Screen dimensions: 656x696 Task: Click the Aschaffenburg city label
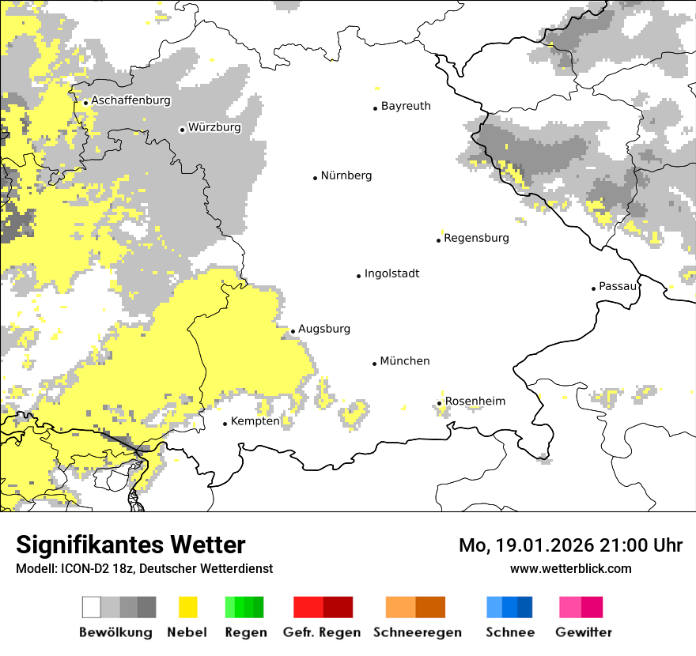coord(130,100)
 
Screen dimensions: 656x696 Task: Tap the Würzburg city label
coord(214,127)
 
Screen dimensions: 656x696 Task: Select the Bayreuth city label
coord(406,106)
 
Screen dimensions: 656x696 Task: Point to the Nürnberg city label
coord(346,175)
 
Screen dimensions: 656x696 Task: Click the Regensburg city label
coord(476,238)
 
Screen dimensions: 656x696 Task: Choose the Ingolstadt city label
coord(391,273)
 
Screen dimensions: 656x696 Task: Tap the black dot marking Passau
coord(593,288)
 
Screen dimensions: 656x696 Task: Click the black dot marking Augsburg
coord(293,332)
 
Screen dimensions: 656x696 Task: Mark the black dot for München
coord(375,364)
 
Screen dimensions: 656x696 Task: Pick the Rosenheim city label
coord(475,402)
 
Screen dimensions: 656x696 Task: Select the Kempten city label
coord(255,421)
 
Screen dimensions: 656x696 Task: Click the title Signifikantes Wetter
coord(130,545)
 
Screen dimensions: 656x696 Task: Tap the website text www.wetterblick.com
coord(570,568)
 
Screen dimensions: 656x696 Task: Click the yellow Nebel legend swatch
coord(188,607)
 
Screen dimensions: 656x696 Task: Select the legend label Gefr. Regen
coord(322,632)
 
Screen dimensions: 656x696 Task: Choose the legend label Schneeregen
coord(416,632)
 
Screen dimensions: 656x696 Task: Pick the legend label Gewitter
coord(584,632)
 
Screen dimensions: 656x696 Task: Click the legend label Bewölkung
coord(115,632)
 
